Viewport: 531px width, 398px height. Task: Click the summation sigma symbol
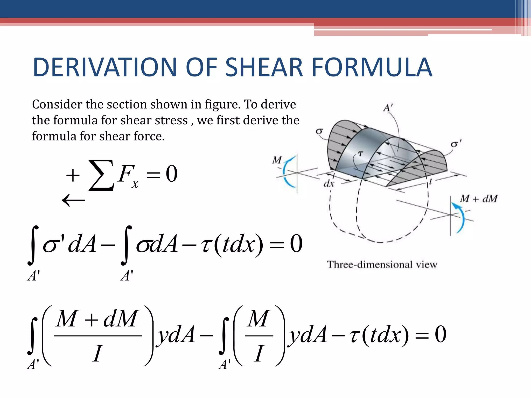pyautogui.click(x=101, y=175)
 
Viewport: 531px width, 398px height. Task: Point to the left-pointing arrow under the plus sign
pyautogui.click(x=73, y=200)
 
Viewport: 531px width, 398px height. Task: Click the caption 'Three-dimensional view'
pyautogui.click(x=382, y=265)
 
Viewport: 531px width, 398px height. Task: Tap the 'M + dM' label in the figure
pyautogui.click(x=479, y=199)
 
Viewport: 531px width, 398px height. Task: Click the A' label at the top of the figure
pyautogui.click(x=388, y=108)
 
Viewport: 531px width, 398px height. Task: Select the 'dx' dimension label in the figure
pyautogui.click(x=329, y=184)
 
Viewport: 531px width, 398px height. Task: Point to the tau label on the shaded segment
pyautogui.click(x=360, y=154)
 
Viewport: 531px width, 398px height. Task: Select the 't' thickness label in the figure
pyautogui.click(x=430, y=181)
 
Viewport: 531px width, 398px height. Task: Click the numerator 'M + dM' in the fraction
pyautogui.click(x=97, y=319)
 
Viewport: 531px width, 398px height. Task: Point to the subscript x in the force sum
pyautogui.click(x=135, y=184)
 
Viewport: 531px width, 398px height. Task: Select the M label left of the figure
pyautogui.click(x=277, y=160)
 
